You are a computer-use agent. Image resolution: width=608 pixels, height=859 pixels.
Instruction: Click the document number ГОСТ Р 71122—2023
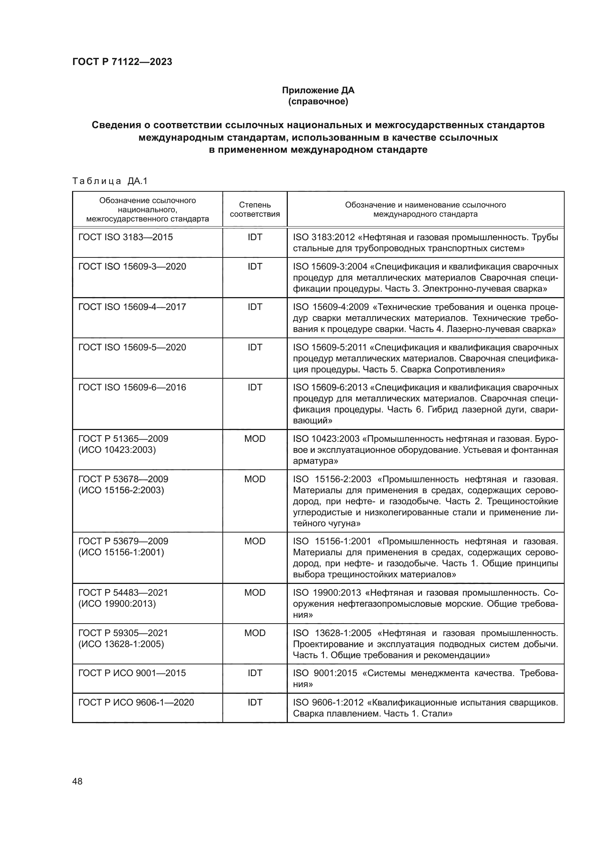(122, 62)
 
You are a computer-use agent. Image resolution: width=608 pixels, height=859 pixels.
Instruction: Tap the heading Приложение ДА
(318, 90)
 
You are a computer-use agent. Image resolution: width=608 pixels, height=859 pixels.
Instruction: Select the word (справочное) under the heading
(318, 101)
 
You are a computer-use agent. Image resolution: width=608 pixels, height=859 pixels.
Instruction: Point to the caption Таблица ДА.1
(110, 181)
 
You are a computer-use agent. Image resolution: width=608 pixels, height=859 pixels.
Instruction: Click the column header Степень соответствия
(255, 209)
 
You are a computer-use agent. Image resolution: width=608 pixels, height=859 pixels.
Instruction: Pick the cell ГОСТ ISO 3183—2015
(125, 237)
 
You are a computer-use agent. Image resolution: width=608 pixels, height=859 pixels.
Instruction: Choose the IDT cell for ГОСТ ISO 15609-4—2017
(255, 307)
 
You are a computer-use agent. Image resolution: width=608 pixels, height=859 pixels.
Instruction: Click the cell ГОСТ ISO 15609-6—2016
(132, 387)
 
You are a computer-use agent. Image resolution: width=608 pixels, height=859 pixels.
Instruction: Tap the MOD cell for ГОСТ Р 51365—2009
(255, 438)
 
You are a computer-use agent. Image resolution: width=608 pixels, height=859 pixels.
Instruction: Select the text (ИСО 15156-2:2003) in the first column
(121, 490)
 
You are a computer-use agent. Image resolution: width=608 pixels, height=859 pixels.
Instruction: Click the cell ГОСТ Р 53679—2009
(123, 541)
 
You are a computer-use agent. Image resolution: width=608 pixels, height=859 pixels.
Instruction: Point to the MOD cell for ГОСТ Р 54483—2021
(255, 592)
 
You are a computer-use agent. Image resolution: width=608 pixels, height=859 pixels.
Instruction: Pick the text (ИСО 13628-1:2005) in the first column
(121, 643)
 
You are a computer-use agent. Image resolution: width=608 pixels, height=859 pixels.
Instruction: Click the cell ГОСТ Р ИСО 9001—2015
(132, 673)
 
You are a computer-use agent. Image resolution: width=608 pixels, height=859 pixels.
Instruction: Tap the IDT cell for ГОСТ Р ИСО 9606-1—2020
(255, 702)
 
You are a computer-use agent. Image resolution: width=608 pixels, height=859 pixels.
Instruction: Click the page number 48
(77, 781)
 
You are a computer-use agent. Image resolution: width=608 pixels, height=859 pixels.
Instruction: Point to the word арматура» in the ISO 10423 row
(315, 461)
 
